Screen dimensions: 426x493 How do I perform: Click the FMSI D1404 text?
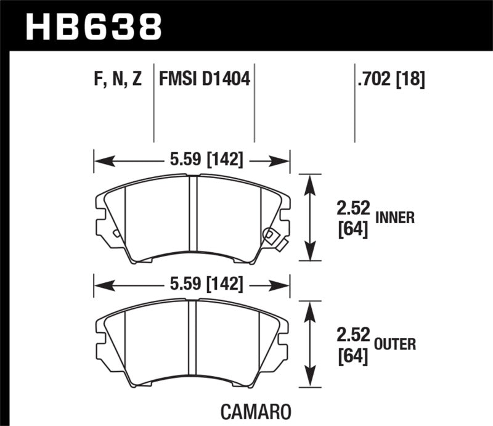(x=205, y=79)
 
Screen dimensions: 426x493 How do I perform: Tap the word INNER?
(x=394, y=217)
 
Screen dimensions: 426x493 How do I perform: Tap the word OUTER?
(x=395, y=344)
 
